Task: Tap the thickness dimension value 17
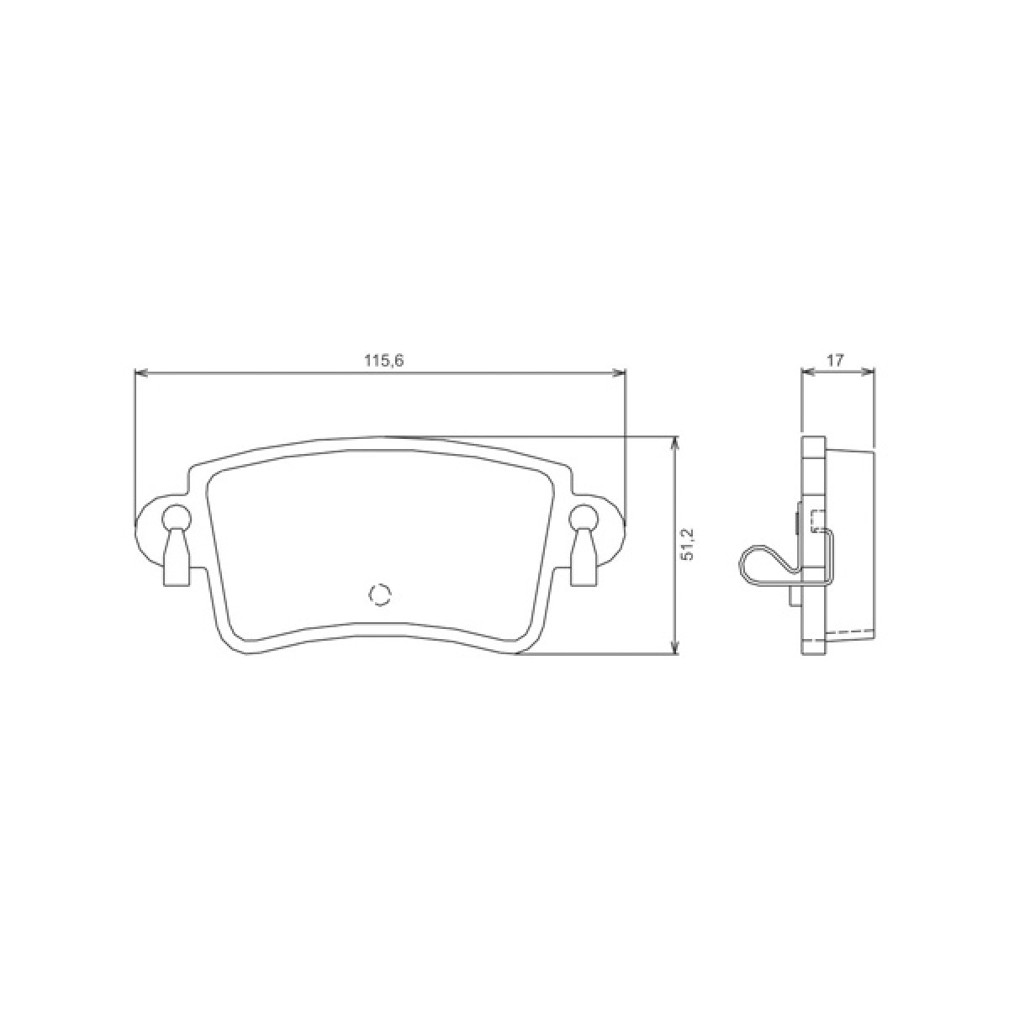pos(836,360)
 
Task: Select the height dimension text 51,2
pos(689,545)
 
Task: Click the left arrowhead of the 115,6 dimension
pos(141,372)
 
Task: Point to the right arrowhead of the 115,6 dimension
pos(619,372)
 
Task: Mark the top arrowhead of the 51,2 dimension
pos(677,442)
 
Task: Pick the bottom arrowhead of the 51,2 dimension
pos(677,647)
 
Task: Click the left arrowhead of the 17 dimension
pos(808,372)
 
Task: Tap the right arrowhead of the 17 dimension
pos(868,372)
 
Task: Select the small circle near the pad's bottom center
pos(380,594)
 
